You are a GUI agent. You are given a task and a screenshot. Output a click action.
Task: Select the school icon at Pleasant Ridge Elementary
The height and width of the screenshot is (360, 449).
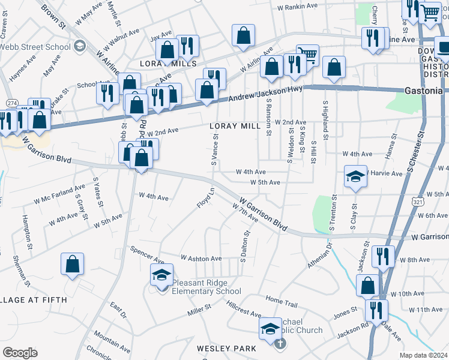pyautogui.click(x=160, y=275)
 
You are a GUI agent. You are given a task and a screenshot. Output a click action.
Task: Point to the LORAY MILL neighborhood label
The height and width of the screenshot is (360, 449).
pyautogui.click(x=235, y=126)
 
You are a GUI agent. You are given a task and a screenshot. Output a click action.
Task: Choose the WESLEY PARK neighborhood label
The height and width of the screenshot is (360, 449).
pyautogui.click(x=226, y=349)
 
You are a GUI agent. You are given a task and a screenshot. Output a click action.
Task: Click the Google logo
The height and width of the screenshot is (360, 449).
pyautogui.click(x=20, y=353)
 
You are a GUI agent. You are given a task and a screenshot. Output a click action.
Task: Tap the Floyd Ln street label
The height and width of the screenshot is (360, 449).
pyautogui.click(x=206, y=199)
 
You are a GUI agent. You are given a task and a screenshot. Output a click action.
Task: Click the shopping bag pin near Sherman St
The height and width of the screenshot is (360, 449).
pyautogui.click(x=72, y=264)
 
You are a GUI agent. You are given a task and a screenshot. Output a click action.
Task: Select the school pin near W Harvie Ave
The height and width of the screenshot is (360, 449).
pyautogui.click(x=355, y=176)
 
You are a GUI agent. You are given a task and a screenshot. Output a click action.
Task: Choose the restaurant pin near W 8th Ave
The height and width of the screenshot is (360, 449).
pyautogui.click(x=382, y=257)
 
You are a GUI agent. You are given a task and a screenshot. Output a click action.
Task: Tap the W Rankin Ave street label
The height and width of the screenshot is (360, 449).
pyautogui.click(x=297, y=7)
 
